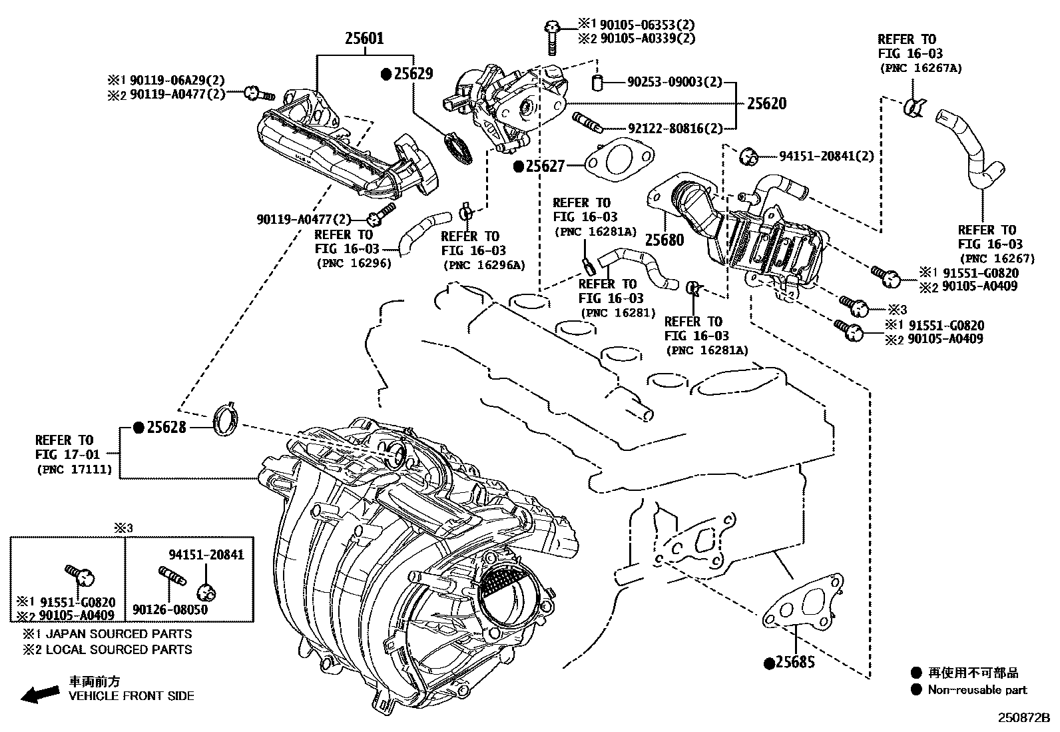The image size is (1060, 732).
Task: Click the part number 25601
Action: tap(364, 39)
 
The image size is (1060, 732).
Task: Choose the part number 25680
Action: tap(664, 239)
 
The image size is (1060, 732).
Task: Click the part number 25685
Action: tap(794, 663)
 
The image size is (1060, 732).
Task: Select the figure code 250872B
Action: tap(1023, 718)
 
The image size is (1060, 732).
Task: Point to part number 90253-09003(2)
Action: tap(674, 82)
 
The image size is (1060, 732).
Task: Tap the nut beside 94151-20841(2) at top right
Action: tap(750, 156)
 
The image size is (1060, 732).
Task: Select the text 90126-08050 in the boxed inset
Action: tap(169, 609)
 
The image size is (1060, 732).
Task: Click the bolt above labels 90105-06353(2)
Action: tap(551, 37)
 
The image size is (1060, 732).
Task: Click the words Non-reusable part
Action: tap(977, 690)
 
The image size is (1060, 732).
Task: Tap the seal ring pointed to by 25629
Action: tap(456, 147)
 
